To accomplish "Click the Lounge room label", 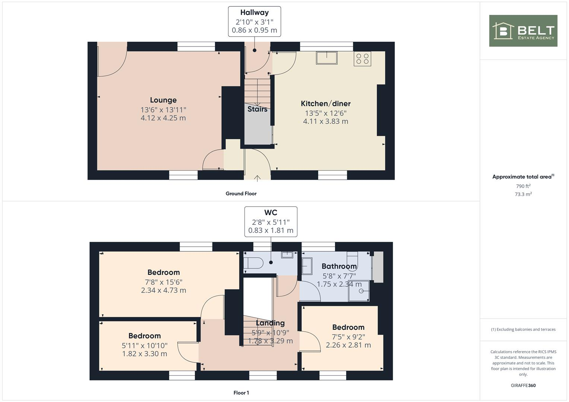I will pos(163,100).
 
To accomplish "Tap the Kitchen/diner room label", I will pos(326,103).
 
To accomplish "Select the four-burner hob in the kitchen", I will pos(363,59).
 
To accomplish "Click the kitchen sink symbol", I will pos(327,58).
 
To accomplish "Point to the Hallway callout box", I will pos(255,22).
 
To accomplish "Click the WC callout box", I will pos(271,221).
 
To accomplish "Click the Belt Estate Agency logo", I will pos(523,31).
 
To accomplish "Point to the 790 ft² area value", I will pos(523,186).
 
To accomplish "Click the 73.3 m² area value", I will pos(523,194).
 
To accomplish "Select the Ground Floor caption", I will pos(241,194).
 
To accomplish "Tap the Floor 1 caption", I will pos(241,393).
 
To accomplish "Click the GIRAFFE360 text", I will pos(523,386).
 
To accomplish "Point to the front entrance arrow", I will pos(257,178).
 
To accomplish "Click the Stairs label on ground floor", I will pos(257,109).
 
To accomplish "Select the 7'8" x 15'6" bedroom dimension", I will pos(164,282).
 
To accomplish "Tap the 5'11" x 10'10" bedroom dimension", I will pos(145,345).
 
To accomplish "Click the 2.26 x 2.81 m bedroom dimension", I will pos(348,345).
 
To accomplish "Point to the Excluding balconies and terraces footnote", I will pos(523,329).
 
